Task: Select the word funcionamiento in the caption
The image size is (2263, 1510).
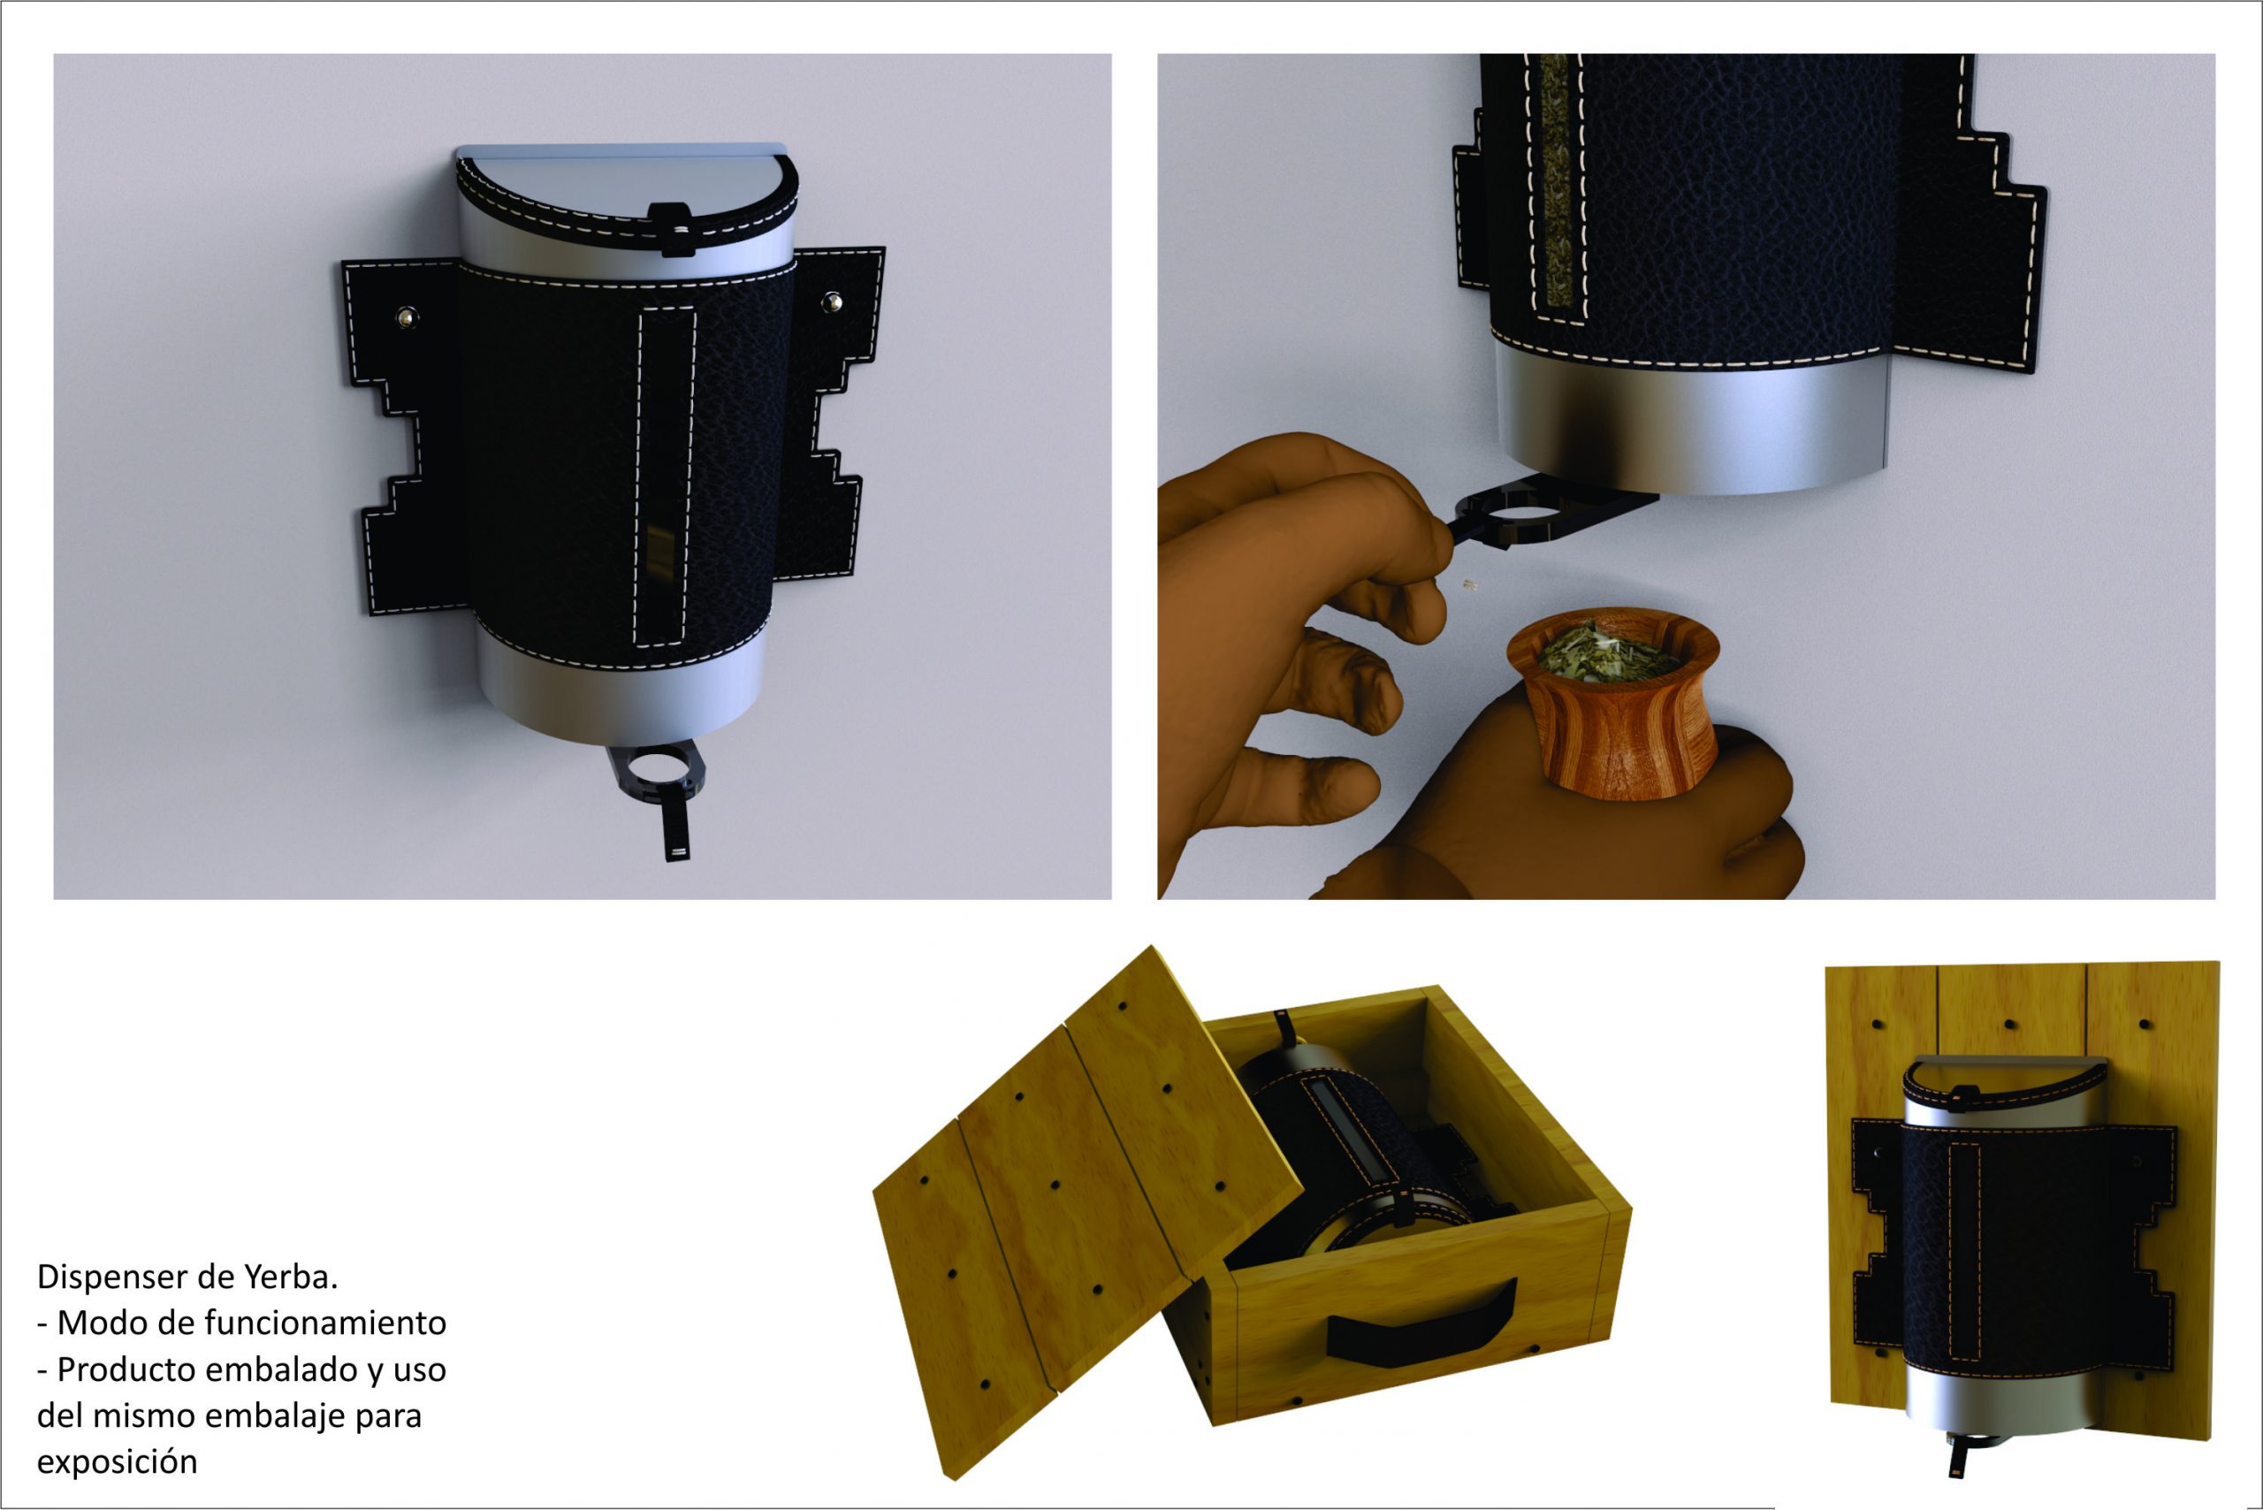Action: [x=325, y=1323]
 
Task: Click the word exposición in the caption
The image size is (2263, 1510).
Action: [x=117, y=1462]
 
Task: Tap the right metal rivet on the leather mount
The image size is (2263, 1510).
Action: [x=832, y=302]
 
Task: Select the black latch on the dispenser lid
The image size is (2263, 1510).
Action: [x=672, y=229]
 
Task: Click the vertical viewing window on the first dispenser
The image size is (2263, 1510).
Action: [x=665, y=477]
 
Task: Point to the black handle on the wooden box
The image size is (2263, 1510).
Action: [x=1420, y=1323]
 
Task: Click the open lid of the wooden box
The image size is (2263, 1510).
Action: [x=1088, y=1209]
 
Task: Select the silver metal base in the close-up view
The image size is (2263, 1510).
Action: [x=1690, y=423]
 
